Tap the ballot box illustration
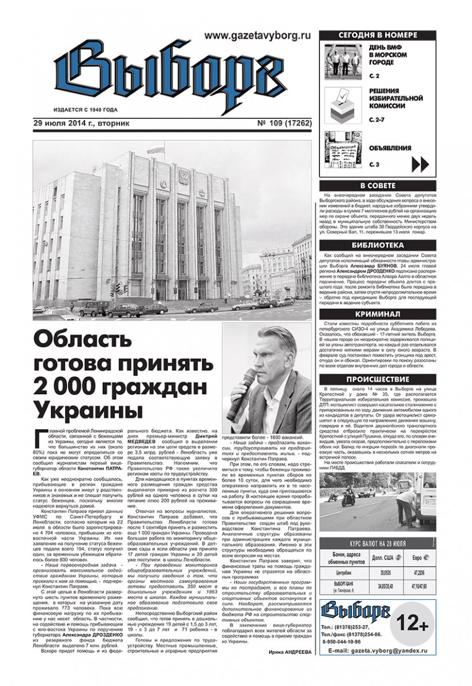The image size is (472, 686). pos(343,105)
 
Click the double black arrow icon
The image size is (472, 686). pos(420,165)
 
